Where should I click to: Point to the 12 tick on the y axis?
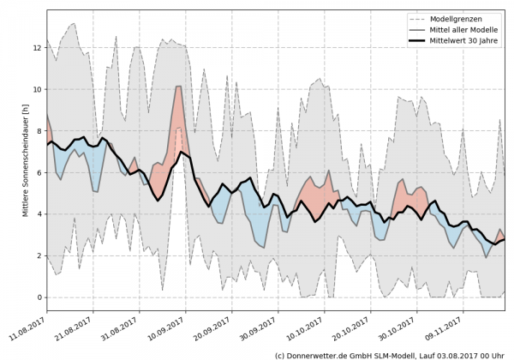[x=39, y=47]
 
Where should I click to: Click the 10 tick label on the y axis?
[x=39, y=89]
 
